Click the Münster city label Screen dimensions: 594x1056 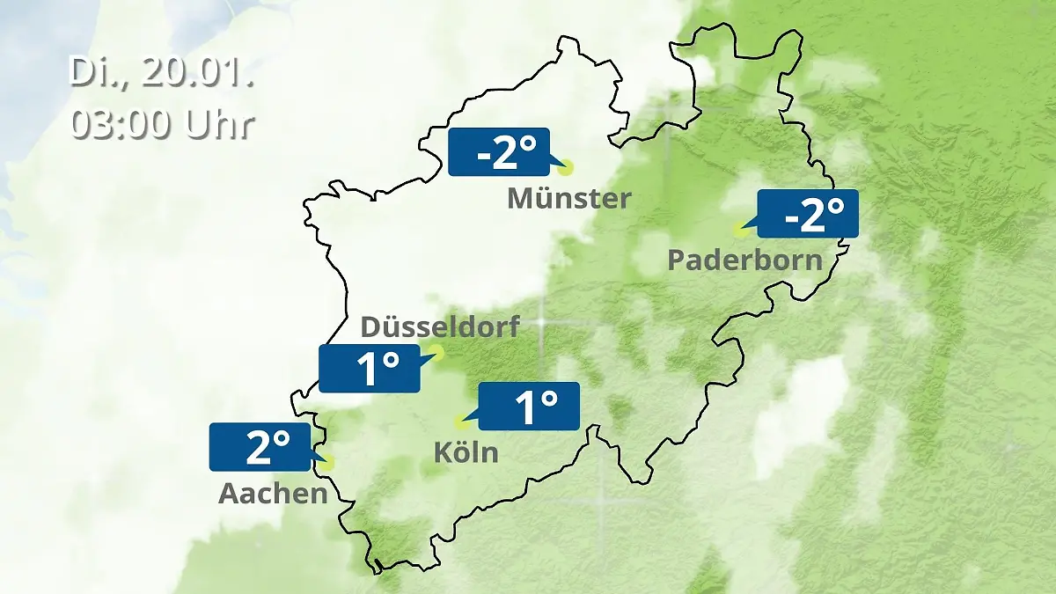568,199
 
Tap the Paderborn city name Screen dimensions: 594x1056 745,260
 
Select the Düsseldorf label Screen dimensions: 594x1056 441,327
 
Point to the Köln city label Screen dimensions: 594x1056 466,453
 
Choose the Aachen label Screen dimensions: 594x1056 273,494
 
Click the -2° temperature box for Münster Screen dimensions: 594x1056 499,152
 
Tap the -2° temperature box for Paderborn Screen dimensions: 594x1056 808,214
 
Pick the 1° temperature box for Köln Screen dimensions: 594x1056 529,407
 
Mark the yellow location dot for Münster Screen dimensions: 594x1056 566,167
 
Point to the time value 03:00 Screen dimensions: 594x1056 124,125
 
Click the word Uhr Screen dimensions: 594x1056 219,125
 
